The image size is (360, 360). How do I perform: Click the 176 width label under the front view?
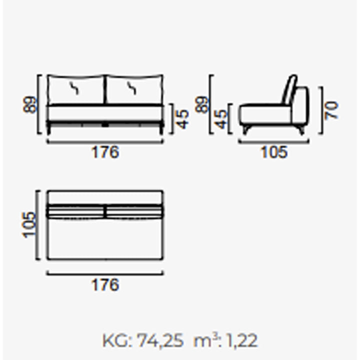point(105,152)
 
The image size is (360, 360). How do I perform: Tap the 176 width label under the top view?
point(105,284)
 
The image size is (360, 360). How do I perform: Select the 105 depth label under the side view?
point(274,152)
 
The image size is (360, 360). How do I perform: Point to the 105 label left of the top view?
point(29,225)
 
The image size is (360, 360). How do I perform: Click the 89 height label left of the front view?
point(30,104)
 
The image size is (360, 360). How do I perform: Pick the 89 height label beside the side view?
point(201,104)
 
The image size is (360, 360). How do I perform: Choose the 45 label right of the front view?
point(182,119)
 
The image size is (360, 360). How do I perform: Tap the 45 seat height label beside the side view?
point(221,119)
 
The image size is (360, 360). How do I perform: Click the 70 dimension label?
point(332,110)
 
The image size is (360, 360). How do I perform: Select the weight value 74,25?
point(160,340)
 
